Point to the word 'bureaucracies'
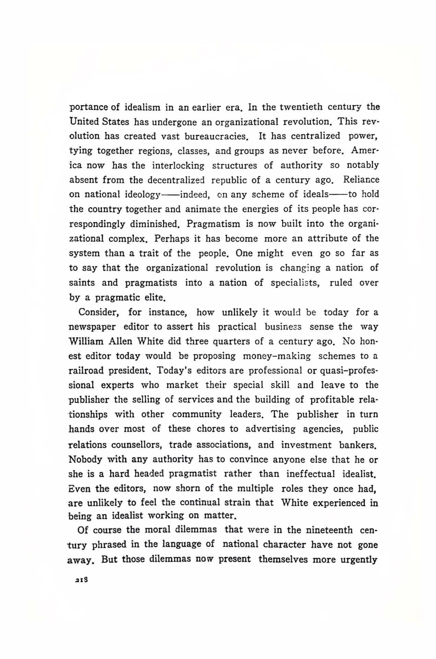[x=216, y=136]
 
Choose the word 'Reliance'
[x=361, y=180]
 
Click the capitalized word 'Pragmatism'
[x=213, y=224]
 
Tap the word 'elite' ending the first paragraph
[x=155, y=298]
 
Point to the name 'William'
[x=86, y=342]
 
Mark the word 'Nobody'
[x=85, y=459]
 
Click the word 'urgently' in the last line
[x=359, y=559]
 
